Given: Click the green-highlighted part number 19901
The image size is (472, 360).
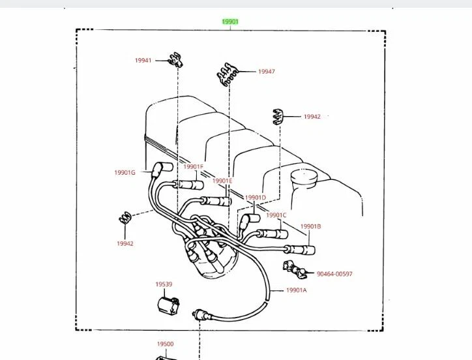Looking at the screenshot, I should (230, 22).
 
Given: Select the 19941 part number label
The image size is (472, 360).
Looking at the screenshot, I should (143, 61).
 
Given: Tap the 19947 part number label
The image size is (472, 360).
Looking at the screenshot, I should (266, 72).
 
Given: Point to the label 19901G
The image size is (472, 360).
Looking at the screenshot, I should (125, 173).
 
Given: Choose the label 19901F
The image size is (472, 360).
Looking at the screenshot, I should (193, 167).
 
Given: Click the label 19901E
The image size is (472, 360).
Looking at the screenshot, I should (222, 181).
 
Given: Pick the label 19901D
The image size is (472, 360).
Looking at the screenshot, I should (256, 198).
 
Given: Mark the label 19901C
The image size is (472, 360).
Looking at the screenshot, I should (276, 215).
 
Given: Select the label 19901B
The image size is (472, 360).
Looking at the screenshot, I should (310, 226).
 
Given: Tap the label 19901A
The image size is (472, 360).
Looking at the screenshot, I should (295, 290).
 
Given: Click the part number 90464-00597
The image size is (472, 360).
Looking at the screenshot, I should (344, 274).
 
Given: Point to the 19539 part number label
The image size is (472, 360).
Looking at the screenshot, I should (164, 284).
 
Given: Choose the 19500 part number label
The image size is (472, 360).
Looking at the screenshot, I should (165, 344).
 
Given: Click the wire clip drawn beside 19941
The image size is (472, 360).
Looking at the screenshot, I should (174, 61).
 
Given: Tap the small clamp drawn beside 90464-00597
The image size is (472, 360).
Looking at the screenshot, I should (293, 268).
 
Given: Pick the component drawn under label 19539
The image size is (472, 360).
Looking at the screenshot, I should (169, 305).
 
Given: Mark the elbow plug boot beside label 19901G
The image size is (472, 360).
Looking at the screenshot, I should (158, 170).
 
